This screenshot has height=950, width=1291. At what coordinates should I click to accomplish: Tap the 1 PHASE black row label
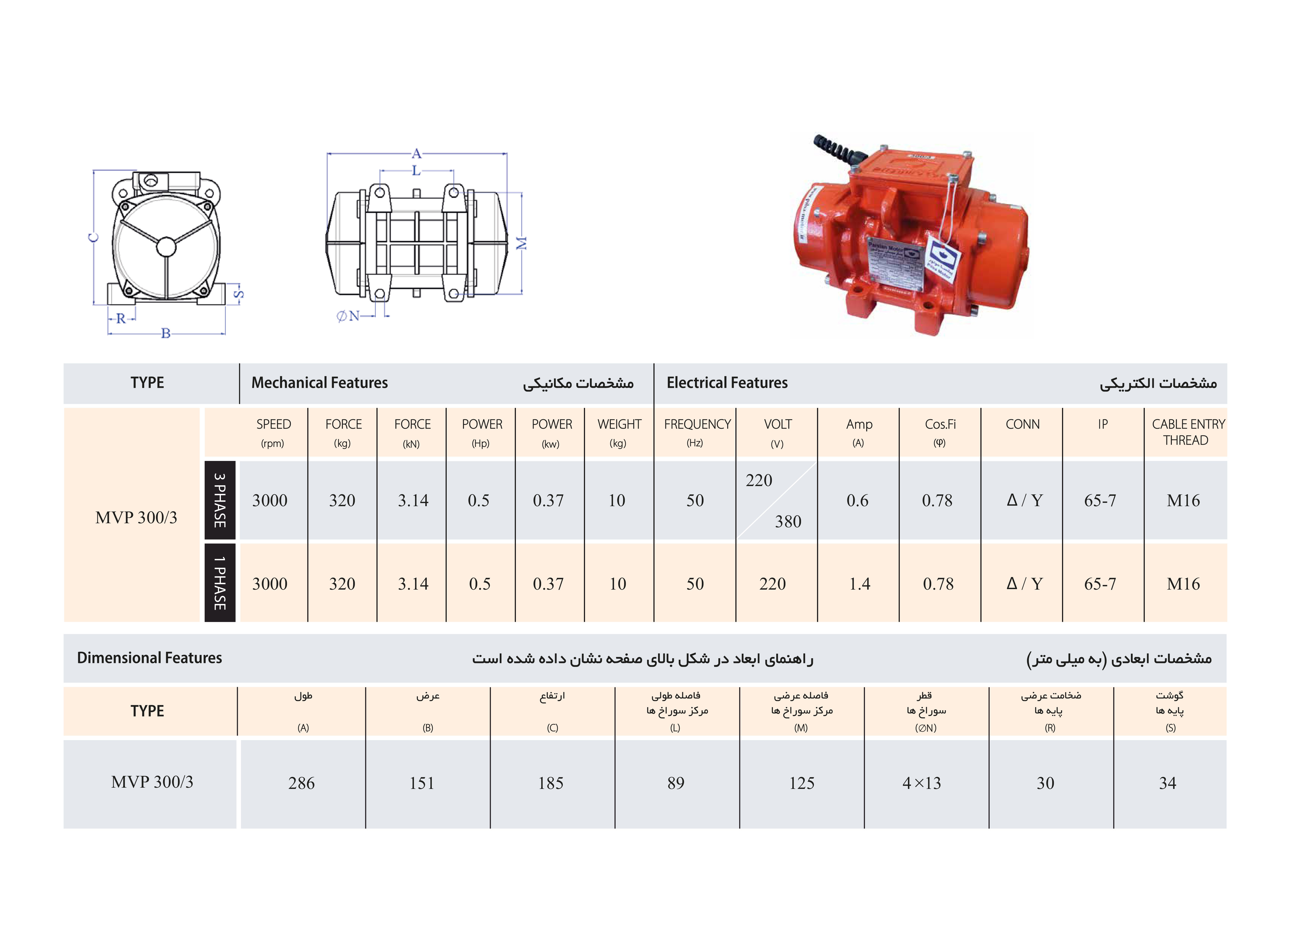pyautogui.click(x=220, y=583)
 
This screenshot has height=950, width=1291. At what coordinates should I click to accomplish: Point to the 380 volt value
pyautogui.click(x=788, y=521)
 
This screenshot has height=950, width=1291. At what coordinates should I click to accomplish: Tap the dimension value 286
pyautogui.click(x=301, y=783)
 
